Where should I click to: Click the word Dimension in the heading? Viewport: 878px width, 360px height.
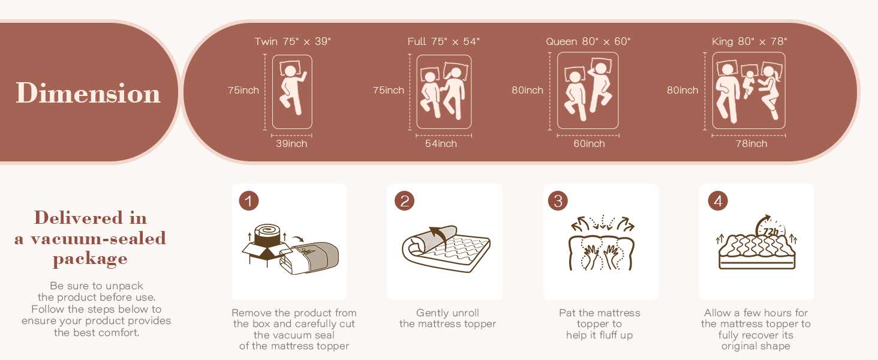tap(88, 93)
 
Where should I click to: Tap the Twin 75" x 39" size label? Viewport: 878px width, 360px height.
tap(292, 41)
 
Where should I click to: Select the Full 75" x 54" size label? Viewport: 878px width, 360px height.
tap(443, 41)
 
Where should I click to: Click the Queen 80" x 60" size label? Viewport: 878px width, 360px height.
tap(588, 41)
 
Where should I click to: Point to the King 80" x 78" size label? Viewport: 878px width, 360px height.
tap(749, 41)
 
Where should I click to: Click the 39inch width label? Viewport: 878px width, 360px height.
tap(291, 144)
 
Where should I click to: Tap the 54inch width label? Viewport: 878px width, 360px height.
tap(441, 144)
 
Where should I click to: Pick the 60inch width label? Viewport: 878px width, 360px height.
tap(589, 144)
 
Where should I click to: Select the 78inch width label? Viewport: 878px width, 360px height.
tap(751, 144)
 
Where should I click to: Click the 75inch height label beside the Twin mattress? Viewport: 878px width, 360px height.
tap(243, 91)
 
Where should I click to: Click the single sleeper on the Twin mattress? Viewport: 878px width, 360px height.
tap(293, 89)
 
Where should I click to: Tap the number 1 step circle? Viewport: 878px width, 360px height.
tap(249, 201)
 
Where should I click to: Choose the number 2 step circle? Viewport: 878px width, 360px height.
tap(404, 201)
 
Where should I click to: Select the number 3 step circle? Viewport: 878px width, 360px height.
tap(558, 201)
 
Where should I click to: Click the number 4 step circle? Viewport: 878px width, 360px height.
tap(717, 201)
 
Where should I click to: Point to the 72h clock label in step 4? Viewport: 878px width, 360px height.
tap(771, 231)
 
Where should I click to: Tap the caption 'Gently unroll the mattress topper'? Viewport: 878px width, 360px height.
tap(447, 319)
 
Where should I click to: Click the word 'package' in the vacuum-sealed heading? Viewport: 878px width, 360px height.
tap(90, 259)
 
